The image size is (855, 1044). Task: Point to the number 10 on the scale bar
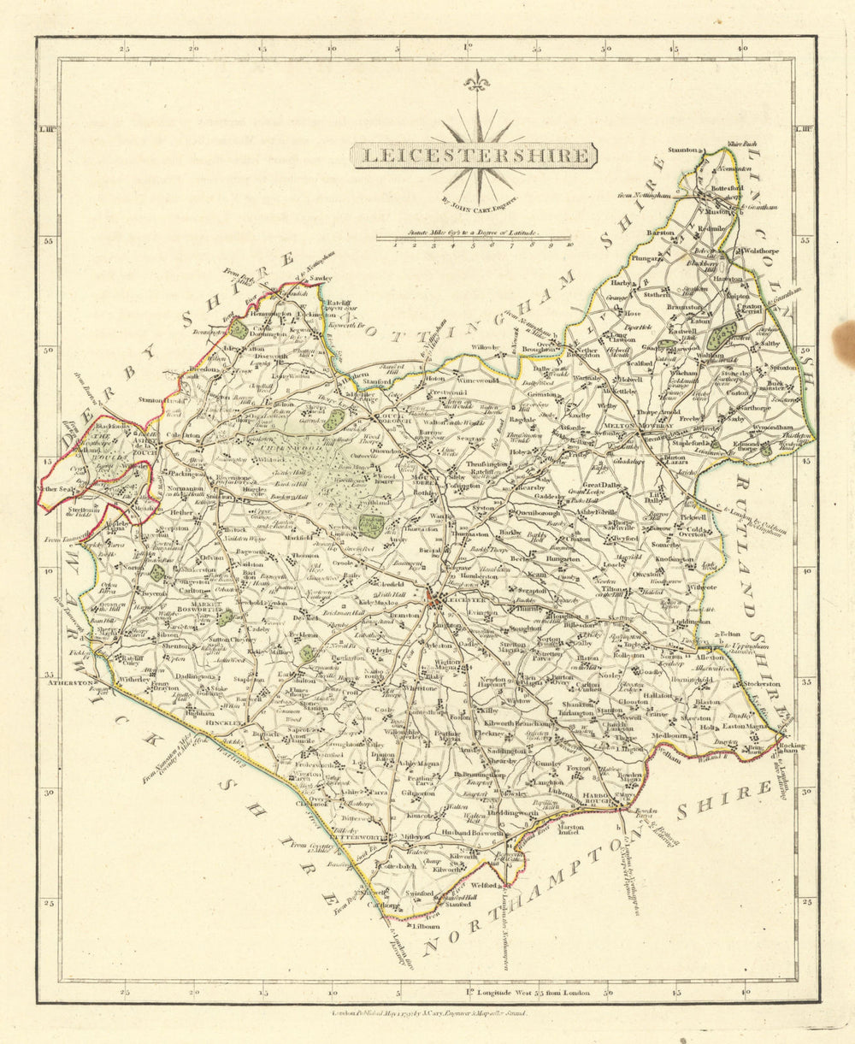[569, 245]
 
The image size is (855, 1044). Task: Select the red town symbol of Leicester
[437, 603]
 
